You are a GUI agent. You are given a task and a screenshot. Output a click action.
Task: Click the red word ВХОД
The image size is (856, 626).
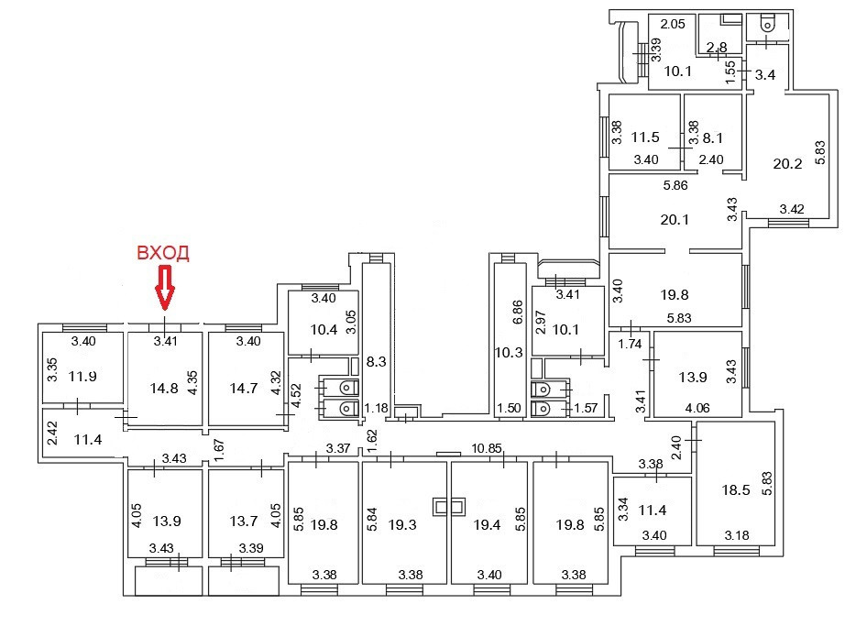[163, 254]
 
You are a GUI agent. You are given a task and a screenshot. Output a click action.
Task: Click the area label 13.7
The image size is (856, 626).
[243, 522]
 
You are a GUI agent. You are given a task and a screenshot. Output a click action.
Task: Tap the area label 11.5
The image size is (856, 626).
[645, 138]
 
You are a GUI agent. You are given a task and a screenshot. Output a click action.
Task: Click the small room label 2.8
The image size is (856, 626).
[716, 48]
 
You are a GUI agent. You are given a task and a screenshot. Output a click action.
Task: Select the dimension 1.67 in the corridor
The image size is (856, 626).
[218, 448]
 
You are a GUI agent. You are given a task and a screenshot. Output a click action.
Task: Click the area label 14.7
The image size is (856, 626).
[243, 388]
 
